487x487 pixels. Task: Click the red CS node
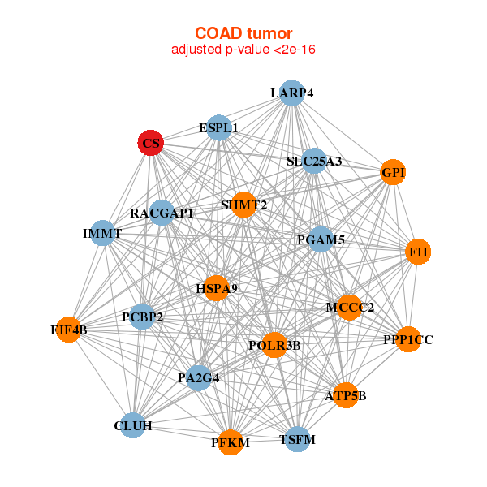click(150, 144)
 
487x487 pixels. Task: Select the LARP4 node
click(291, 93)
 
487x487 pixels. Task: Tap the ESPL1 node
click(219, 127)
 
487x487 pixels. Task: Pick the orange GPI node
click(393, 173)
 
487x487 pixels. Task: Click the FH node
click(418, 252)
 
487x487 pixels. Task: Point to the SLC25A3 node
click(314, 161)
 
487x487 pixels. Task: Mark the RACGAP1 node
click(162, 213)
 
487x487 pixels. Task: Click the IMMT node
click(102, 233)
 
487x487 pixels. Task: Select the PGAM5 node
click(321, 239)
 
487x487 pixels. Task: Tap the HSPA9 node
click(216, 288)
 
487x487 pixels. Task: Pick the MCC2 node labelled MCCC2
click(350, 307)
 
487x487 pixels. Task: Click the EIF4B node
click(69, 330)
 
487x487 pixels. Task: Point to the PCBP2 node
click(143, 317)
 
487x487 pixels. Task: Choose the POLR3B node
click(274, 345)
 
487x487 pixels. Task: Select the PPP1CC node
click(408, 339)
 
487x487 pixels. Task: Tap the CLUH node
click(133, 425)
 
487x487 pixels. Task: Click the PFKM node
click(231, 442)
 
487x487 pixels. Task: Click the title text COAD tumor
click(243, 32)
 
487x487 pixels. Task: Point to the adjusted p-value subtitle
click(243, 50)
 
